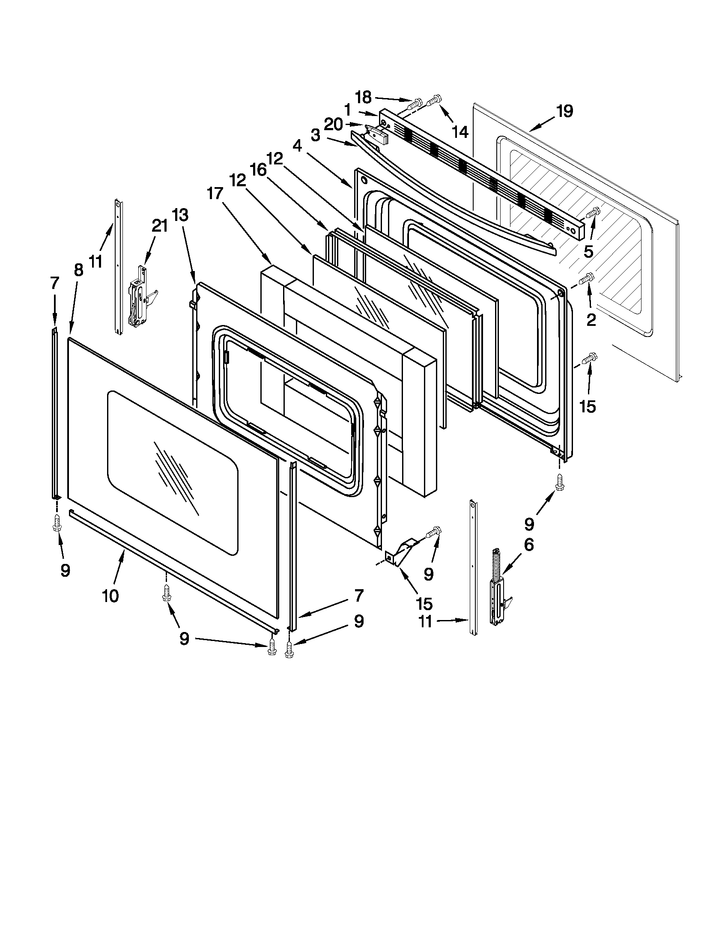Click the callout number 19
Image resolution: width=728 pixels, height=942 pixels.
pos(564,111)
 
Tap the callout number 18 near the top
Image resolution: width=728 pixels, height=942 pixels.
pos(364,98)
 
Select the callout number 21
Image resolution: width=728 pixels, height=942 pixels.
pos(160,226)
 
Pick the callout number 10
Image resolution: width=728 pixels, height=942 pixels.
pos(110,596)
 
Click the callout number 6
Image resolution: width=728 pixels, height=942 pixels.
pos(529,545)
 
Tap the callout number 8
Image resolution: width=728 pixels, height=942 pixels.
pos(78,271)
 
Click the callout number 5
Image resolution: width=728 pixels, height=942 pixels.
pos(589,251)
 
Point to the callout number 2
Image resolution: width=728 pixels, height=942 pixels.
pos(591,319)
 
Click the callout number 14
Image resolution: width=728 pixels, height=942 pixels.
pos(461,132)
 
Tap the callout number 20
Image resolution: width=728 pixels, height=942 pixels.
pos(333,125)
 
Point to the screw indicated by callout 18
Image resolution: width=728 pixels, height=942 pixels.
pos(415,103)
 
